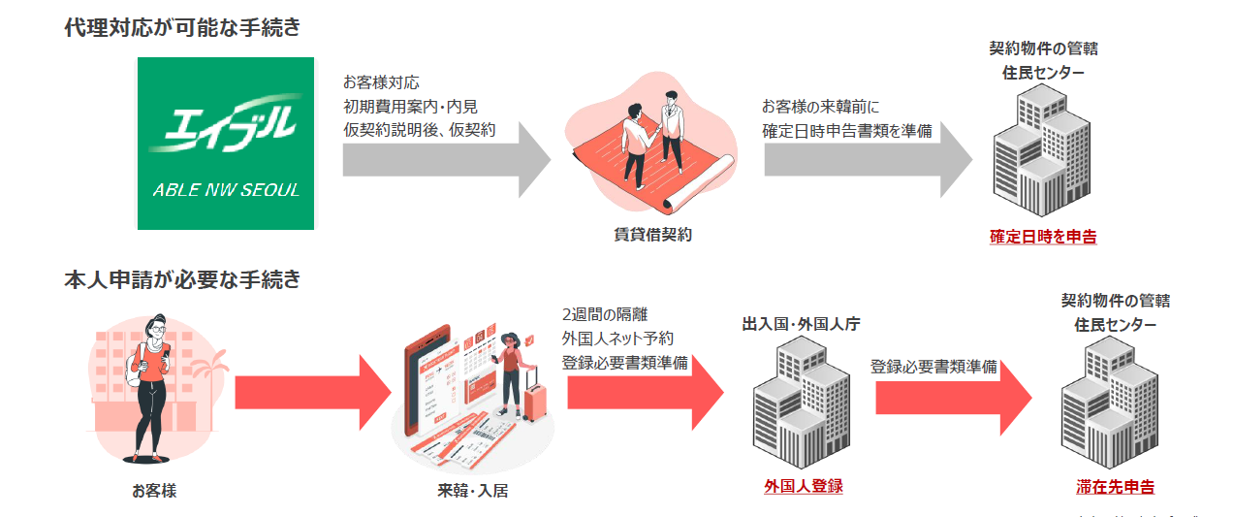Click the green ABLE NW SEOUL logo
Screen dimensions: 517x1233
(x=226, y=144)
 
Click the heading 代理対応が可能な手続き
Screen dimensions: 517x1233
(x=182, y=28)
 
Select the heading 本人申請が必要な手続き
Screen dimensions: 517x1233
(x=182, y=280)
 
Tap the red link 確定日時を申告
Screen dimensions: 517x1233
(x=1043, y=236)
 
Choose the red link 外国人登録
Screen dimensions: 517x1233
(x=803, y=486)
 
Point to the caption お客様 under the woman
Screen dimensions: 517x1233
(x=154, y=491)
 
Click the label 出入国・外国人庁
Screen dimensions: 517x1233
(x=801, y=324)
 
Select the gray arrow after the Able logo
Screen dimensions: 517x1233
(x=446, y=159)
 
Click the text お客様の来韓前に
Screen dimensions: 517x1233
(x=820, y=106)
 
